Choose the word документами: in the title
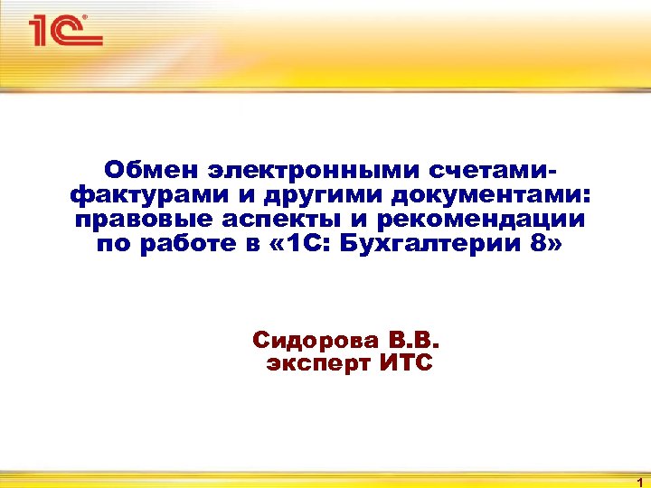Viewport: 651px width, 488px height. [479, 195]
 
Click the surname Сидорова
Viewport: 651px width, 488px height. [316, 341]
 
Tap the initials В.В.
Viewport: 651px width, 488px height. [414, 341]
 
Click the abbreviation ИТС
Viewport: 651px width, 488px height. [403, 364]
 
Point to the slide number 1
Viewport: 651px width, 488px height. [639, 482]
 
